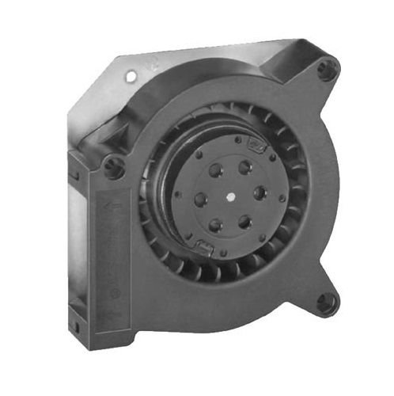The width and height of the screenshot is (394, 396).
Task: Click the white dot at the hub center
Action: (x=231, y=195)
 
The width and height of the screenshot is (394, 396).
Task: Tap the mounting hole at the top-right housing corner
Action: (x=324, y=69)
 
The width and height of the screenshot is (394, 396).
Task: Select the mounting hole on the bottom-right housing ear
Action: (x=325, y=302)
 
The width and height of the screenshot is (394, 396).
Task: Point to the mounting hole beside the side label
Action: (x=114, y=166)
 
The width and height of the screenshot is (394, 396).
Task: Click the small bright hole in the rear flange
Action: (x=131, y=76)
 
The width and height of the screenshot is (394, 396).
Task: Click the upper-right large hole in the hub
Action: (x=245, y=167)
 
